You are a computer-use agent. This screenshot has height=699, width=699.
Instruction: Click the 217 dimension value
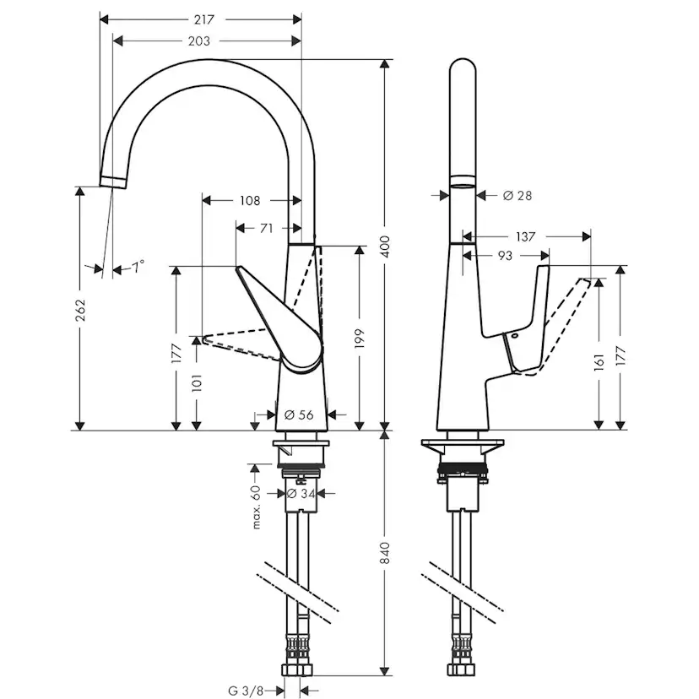[202, 19]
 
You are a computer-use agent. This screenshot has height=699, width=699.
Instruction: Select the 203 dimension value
[200, 41]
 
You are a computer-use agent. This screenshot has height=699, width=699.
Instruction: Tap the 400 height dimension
[387, 245]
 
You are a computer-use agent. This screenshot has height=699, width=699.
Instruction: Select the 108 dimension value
[251, 201]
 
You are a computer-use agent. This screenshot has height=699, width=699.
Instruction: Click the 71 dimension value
[266, 228]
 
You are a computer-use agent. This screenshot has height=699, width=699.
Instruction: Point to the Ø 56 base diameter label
[300, 415]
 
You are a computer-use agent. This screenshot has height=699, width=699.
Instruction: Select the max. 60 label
[254, 507]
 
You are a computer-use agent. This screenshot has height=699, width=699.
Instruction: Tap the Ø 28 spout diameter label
[517, 196]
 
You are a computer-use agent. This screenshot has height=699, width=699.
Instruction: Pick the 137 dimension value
[526, 237]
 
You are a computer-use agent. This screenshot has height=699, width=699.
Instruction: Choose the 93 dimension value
[505, 255]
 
